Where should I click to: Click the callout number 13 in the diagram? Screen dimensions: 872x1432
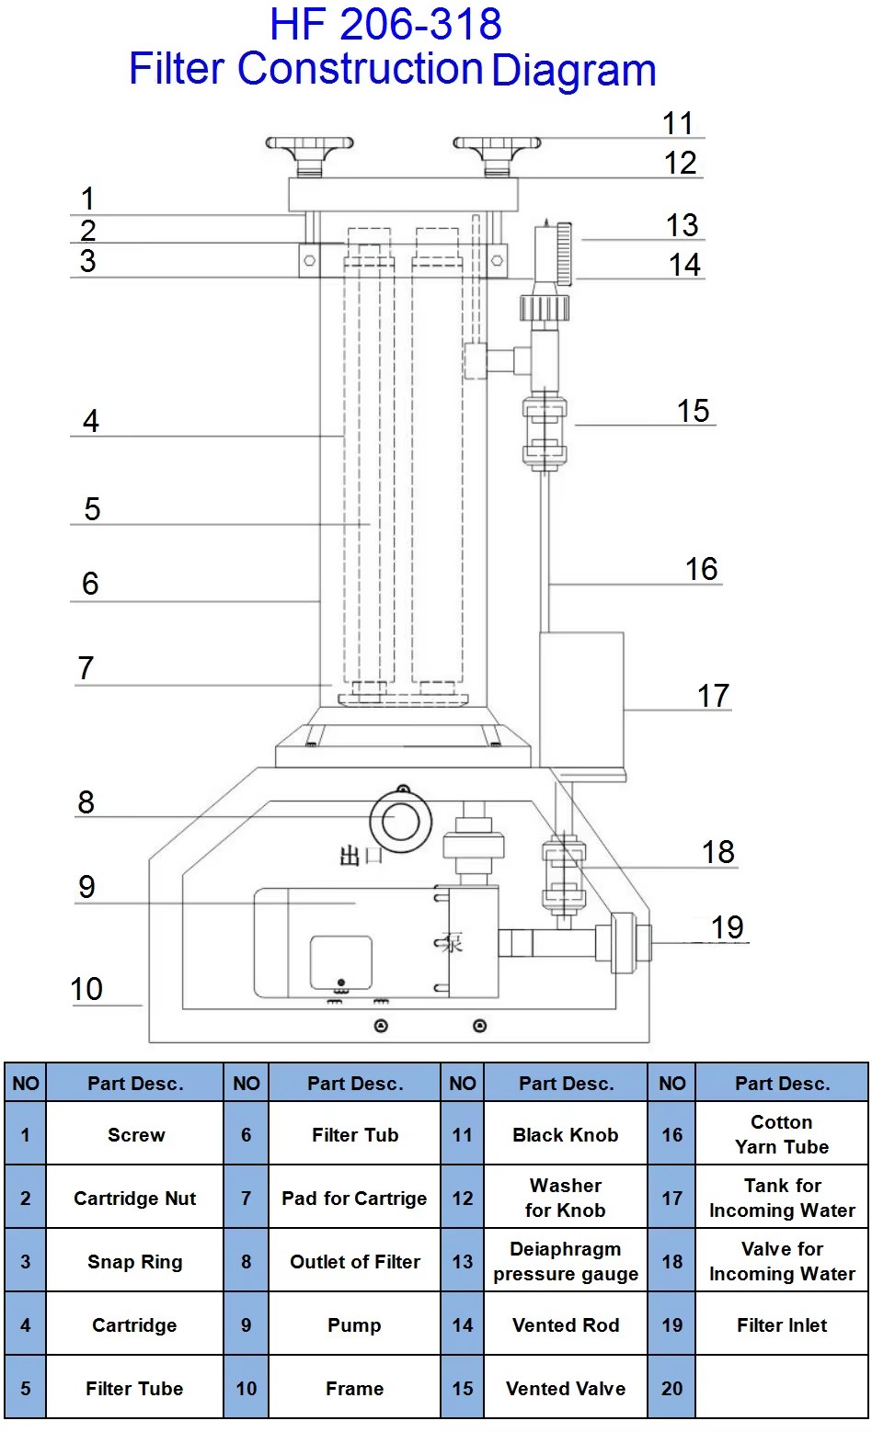tap(682, 225)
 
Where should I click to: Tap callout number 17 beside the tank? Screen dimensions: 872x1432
tap(714, 696)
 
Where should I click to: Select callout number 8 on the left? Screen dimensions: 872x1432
tap(86, 802)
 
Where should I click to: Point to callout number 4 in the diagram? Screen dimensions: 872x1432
tap(91, 421)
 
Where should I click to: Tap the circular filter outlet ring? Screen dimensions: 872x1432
tap(400, 822)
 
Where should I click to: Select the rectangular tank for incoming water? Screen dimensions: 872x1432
tap(581, 699)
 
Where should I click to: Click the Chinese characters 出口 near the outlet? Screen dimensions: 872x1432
tap(361, 855)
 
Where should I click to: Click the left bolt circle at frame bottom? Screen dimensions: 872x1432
tap(381, 1026)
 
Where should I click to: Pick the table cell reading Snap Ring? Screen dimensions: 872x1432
tap(135, 1261)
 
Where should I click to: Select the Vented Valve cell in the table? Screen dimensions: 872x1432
tap(566, 1389)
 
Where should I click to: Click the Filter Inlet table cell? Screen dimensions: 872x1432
tap(782, 1325)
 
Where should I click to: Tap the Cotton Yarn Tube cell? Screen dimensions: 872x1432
tap(782, 1135)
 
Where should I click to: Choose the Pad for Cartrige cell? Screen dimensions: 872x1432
tap(354, 1198)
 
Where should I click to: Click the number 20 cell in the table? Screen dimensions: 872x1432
tap(671, 1389)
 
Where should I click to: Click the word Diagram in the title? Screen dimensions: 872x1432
tap(574, 71)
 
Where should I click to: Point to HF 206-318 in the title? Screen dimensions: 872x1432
tap(385, 24)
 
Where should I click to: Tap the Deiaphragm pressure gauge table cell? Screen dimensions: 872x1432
tap(566, 1261)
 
